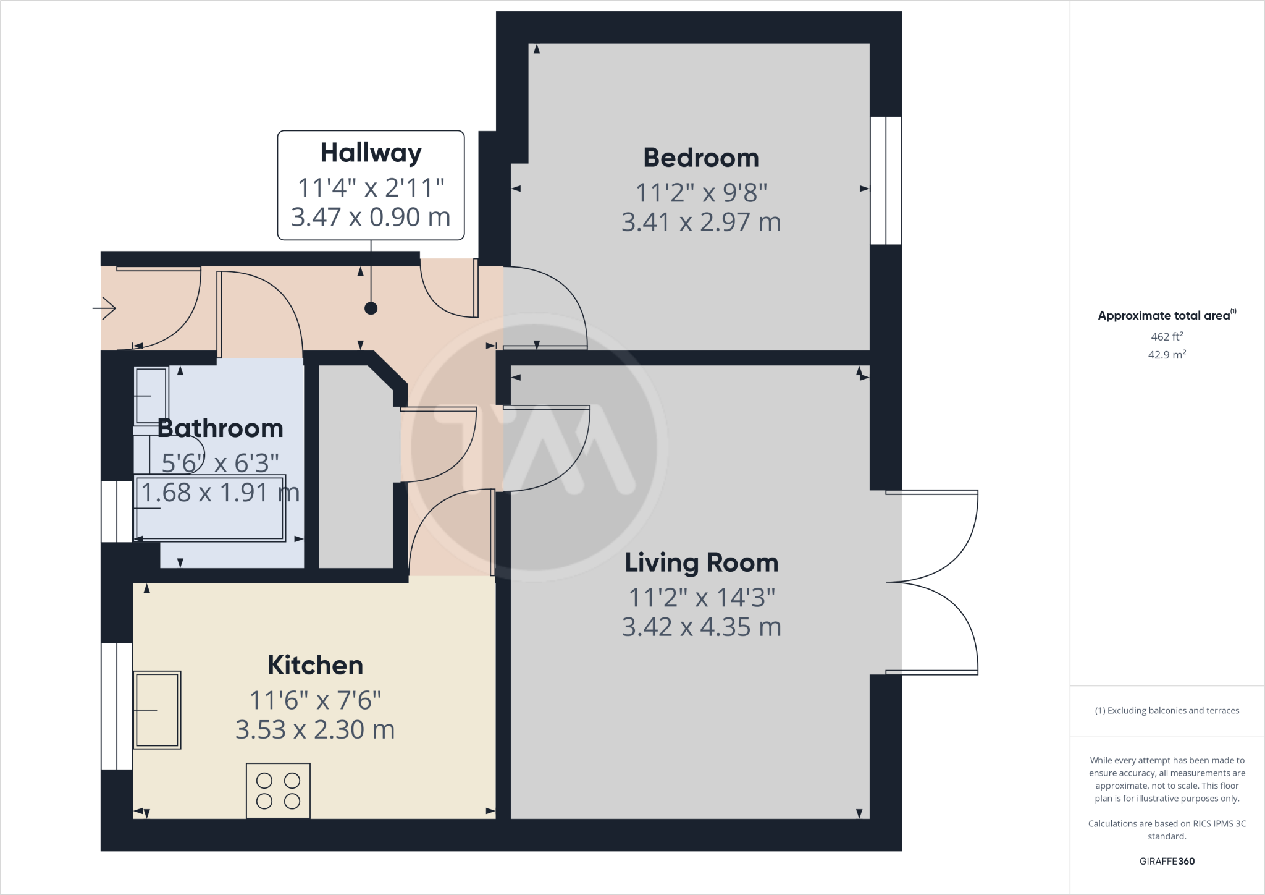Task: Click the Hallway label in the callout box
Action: [x=371, y=153]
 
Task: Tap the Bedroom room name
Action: [x=701, y=158]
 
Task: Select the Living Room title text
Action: [x=701, y=562]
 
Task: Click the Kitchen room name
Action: [x=315, y=666]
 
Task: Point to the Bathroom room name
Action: [x=221, y=428]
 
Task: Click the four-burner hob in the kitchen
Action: [x=278, y=791]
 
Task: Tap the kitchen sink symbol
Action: [x=157, y=710]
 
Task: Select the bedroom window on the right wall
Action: [x=886, y=180]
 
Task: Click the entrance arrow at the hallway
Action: [x=105, y=308]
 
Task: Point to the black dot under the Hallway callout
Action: [x=371, y=308]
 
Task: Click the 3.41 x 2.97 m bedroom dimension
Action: [x=701, y=222]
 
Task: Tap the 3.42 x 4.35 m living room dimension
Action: [x=701, y=627]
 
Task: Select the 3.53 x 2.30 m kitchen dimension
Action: [x=315, y=730]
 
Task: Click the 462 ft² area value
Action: [x=1166, y=337]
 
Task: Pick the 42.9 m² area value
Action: [x=1166, y=355]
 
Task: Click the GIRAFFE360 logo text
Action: [x=1166, y=861]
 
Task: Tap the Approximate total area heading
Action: [x=1165, y=316]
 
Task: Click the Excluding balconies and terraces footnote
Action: [x=1166, y=711]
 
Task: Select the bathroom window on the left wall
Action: [x=116, y=512]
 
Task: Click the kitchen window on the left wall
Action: [x=116, y=706]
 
